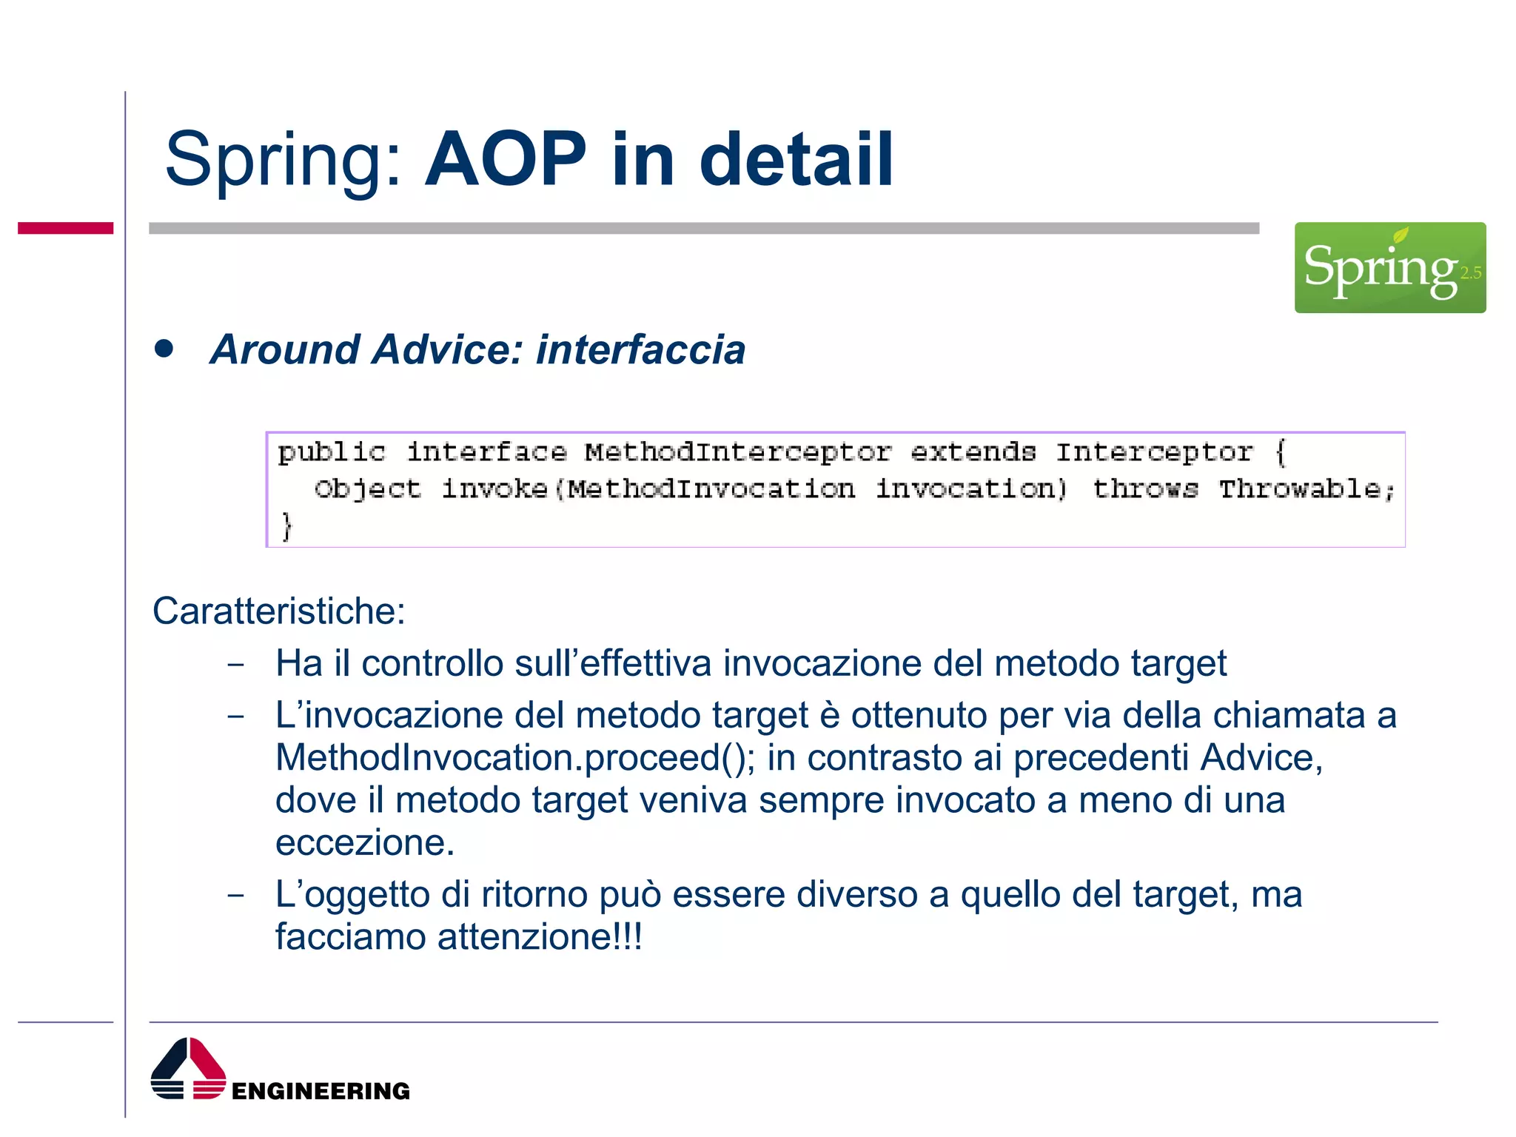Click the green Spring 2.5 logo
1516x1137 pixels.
pos(1389,267)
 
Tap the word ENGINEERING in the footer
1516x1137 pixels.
pos(320,1090)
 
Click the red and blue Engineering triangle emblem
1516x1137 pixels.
pos(188,1069)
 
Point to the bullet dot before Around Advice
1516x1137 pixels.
pos(164,349)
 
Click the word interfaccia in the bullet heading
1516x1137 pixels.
pos(640,349)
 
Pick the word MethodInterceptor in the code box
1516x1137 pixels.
pos(737,452)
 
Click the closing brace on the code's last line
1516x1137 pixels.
pos(287,526)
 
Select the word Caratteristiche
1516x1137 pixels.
pos(278,611)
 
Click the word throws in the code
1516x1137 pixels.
pos(1144,489)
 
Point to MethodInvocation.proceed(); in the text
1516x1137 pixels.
pos(515,758)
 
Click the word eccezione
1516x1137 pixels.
pos(364,842)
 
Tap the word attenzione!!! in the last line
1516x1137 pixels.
pos(540,936)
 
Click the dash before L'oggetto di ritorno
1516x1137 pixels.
pos(235,895)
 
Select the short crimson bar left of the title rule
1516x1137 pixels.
pos(65,228)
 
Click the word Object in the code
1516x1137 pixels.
pos(367,489)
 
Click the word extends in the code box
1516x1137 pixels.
pos(972,452)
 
